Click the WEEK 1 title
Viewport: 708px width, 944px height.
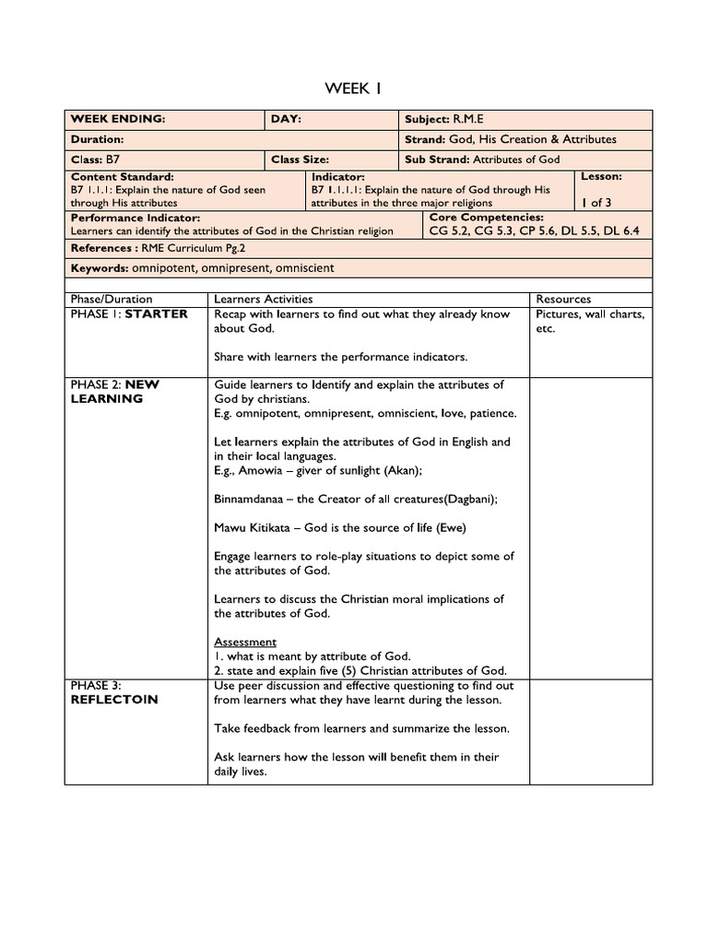click(x=353, y=88)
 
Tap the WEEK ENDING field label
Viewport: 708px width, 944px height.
click(x=118, y=120)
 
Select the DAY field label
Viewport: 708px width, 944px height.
click(x=286, y=120)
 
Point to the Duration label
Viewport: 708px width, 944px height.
click(x=98, y=139)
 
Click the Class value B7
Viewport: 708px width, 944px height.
click(x=112, y=159)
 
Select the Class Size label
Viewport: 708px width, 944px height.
click(x=300, y=159)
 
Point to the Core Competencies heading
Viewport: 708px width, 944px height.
click(x=487, y=218)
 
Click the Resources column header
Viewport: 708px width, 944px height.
click(x=563, y=299)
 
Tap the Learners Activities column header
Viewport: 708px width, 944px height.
click(x=263, y=299)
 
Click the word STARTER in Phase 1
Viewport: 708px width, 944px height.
click(x=157, y=313)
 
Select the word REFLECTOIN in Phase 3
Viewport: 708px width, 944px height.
click(x=113, y=700)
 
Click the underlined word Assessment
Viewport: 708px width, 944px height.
click(x=244, y=642)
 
